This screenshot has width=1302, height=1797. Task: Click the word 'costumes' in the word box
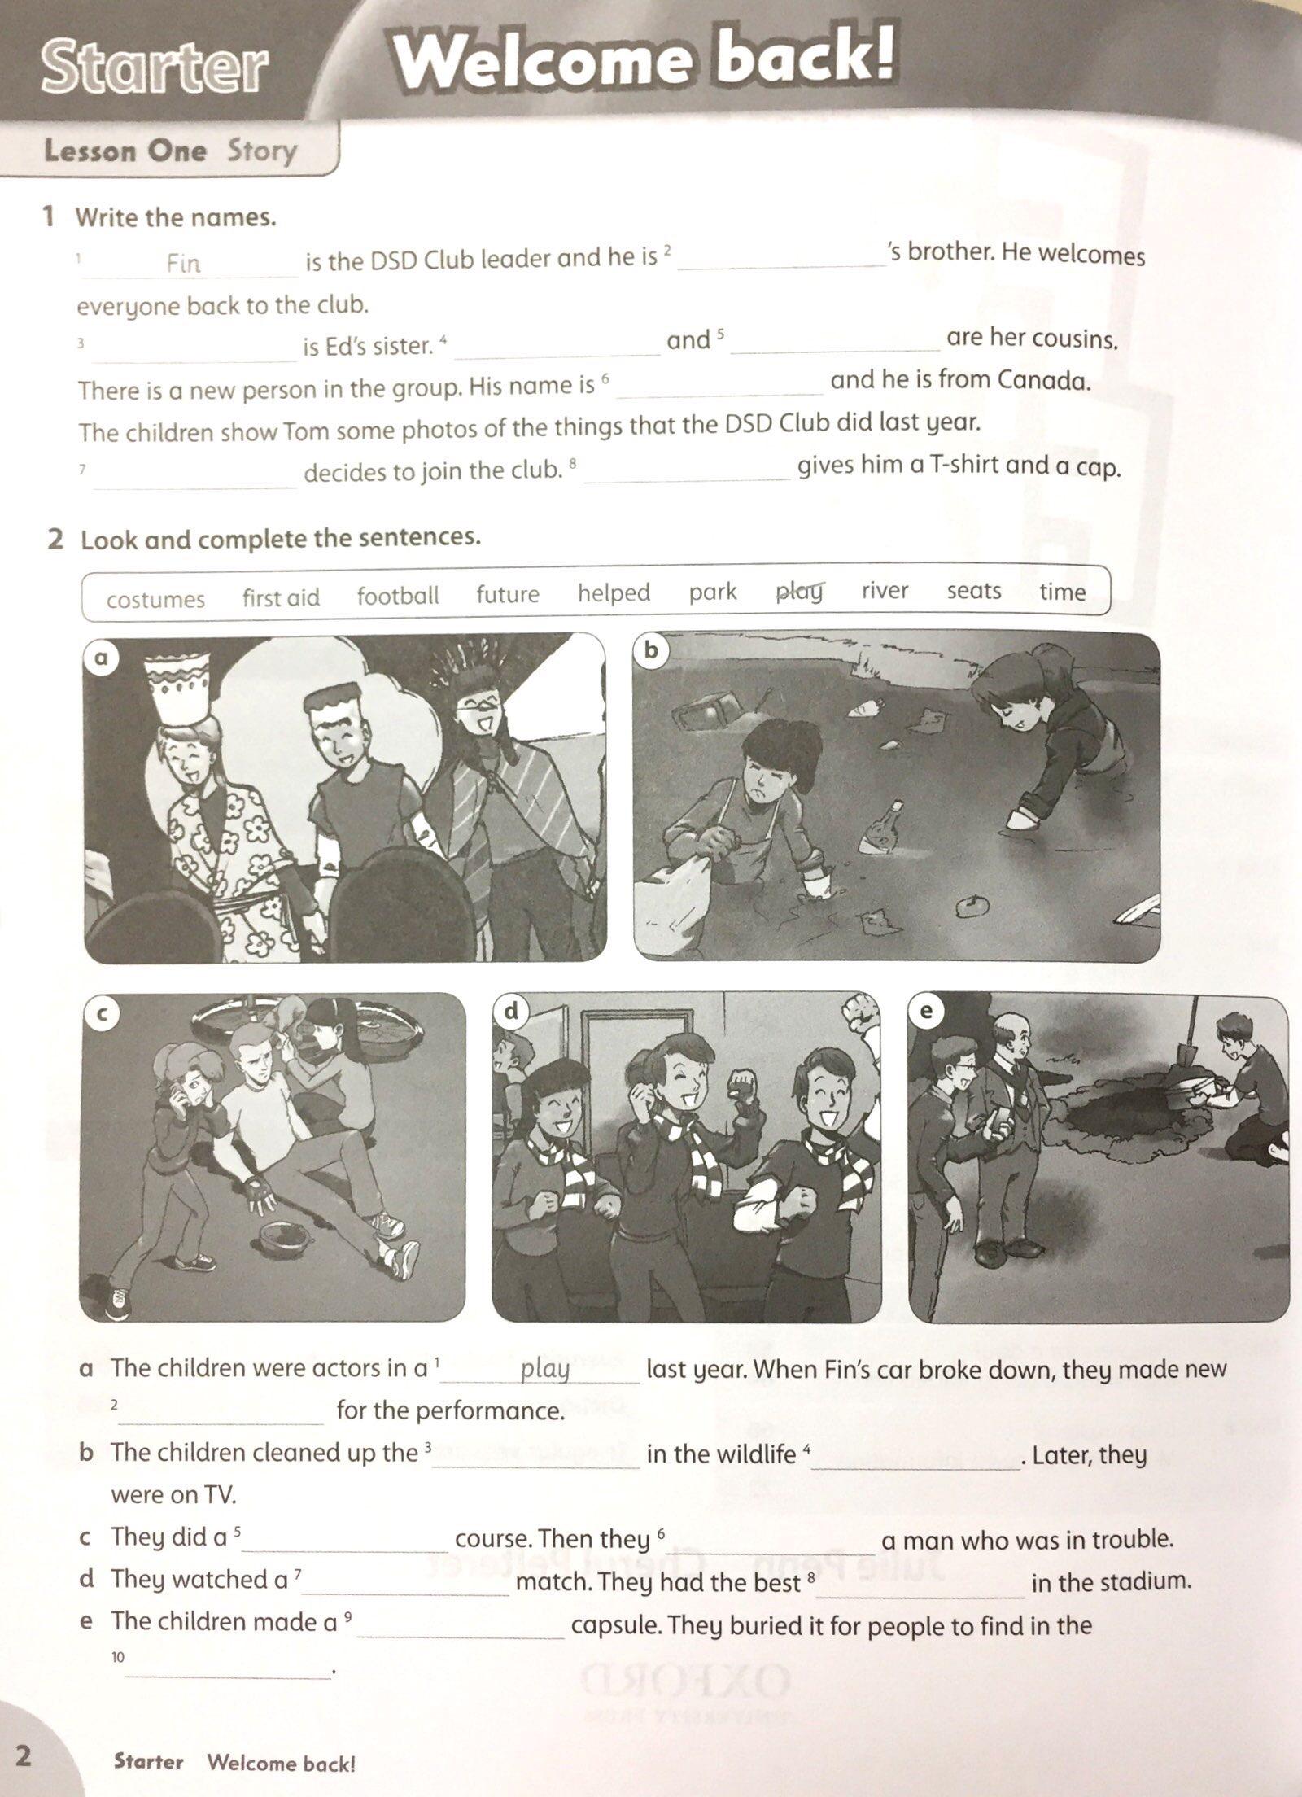155,600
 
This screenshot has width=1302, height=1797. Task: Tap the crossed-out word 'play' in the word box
799,592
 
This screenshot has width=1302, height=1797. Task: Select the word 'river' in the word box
885,590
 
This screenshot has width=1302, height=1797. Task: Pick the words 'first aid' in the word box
281,597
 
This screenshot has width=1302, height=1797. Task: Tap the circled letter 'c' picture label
101,1012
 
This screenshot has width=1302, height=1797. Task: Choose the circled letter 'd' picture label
511,1012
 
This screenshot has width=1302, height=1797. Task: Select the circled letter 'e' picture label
927,1012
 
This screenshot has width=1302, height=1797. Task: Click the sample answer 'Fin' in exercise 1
183,263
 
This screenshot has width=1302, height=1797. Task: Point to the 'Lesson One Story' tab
170,151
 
